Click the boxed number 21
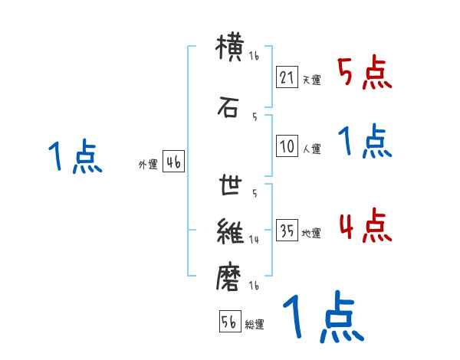coord(287,77)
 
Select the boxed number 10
coord(287,146)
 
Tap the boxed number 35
coord(287,231)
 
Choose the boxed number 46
coord(173,162)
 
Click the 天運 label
coord(311,80)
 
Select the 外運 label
coord(148,164)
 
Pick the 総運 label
coord(255,325)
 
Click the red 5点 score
coord(364,74)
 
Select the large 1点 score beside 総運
coord(322,317)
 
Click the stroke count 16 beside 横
coord(254,57)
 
